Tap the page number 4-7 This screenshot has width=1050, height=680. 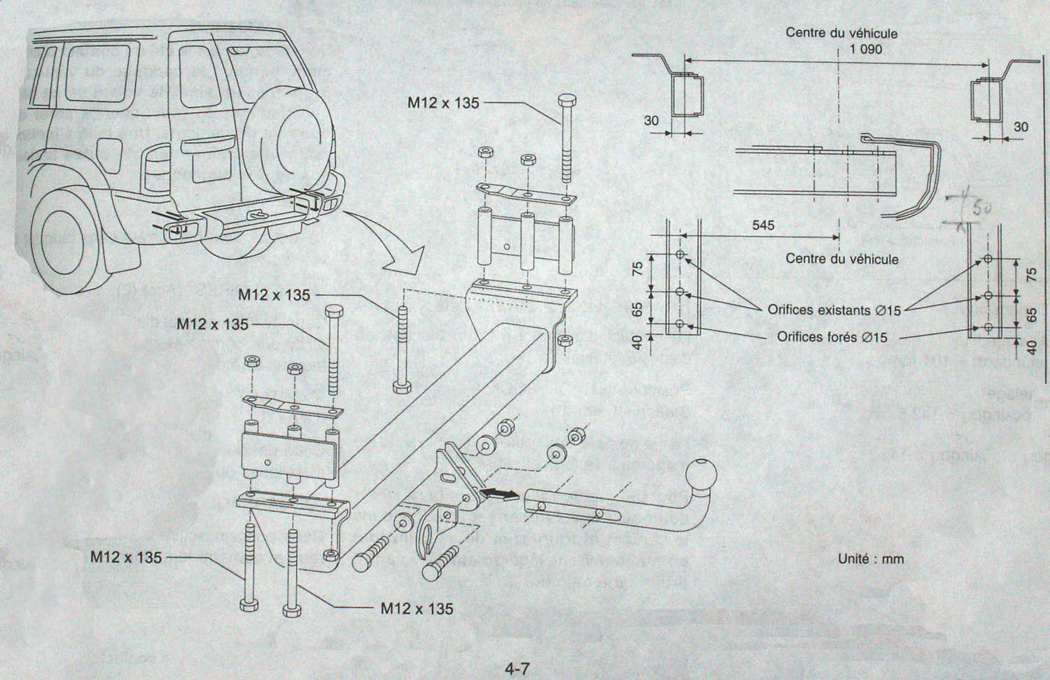point(519,670)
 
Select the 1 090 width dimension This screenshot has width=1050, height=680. point(866,49)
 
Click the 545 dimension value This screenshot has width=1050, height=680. point(763,225)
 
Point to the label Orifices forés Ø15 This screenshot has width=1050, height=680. point(832,337)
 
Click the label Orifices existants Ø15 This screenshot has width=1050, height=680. point(834,310)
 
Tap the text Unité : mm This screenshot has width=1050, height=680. point(871,558)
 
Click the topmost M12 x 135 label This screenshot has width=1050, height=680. point(443,103)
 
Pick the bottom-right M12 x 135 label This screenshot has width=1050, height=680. point(416,608)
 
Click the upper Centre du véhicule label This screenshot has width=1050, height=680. point(841,33)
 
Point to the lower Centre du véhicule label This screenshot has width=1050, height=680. point(841,259)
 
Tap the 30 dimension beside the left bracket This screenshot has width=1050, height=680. point(651,120)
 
